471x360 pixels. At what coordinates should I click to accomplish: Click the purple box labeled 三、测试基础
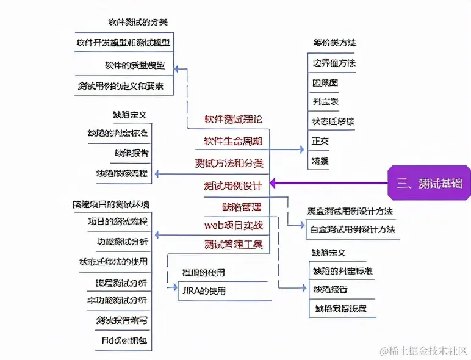tap(429, 182)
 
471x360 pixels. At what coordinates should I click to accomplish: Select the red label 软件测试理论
tap(233, 119)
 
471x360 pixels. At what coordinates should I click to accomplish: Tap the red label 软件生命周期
tap(233, 141)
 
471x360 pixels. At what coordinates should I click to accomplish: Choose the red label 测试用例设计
tap(233, 185)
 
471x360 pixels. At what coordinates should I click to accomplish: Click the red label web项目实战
tap(234, 225)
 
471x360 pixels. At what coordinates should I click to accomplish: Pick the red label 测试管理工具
tap(234, 245)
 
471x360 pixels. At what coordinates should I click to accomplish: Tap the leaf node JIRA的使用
tap(204, 290)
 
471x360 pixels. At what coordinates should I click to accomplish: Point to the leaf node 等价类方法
tap(334, 43)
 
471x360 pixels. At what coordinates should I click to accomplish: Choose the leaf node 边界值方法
tap(334, 62)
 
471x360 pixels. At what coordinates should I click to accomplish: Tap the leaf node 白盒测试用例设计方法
tap(353, 229)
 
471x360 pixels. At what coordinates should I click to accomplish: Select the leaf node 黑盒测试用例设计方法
tap(350, 211)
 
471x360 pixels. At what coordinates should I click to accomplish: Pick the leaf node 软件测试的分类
tap(138, 22)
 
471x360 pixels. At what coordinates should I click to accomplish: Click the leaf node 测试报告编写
tap(121, 320)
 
